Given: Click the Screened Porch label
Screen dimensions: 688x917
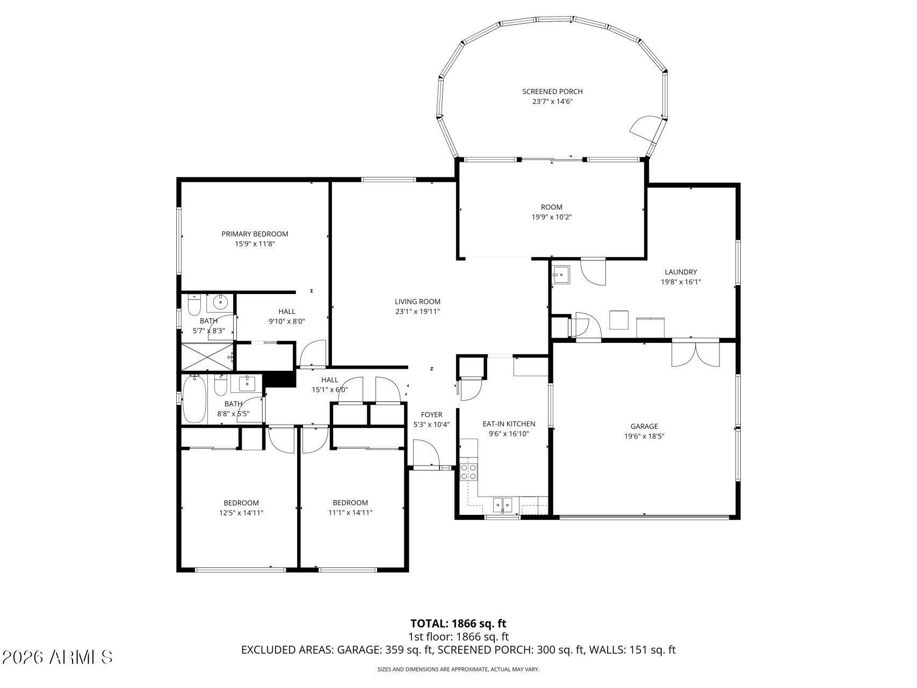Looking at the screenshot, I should tap(552, 91).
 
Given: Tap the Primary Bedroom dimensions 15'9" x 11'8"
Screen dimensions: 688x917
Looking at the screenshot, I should tap(255, 244).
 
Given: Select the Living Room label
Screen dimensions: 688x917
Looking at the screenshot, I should tap(417, 302).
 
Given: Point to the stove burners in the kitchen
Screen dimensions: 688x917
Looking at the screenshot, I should tap(468, 471).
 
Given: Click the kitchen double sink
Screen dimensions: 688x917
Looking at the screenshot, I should tap(503, 505).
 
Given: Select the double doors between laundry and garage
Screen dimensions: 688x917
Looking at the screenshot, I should tap(695, 353).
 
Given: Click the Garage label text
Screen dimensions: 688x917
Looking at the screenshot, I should tap(644, 426).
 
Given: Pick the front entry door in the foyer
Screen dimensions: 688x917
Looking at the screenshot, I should tap(424, 454).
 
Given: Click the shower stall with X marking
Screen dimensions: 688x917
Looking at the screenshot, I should tap(207, 357).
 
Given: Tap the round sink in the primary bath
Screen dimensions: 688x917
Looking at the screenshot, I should tap(221, 303).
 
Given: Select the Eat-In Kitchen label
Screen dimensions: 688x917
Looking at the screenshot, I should tap(509, 424).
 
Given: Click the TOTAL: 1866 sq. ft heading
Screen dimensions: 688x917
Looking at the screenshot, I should tap(458, 623).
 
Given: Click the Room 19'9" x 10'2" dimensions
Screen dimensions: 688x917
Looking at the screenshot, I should tap(551, 217).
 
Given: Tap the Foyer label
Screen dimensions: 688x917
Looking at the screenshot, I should tap(431, 414).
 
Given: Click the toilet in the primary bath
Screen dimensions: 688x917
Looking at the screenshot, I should tap(194, 305).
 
